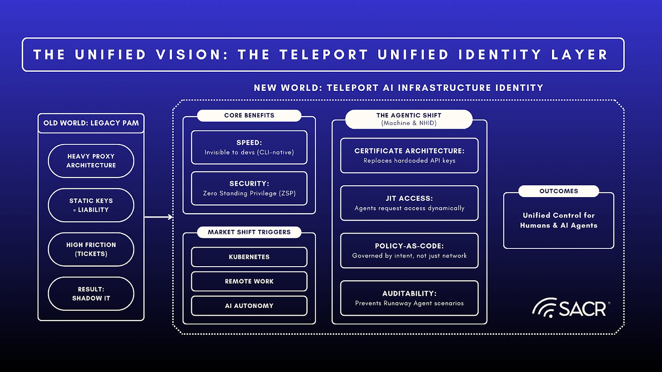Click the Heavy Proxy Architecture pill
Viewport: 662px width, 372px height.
[91, 161]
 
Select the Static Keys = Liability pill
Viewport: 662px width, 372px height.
[91, 205]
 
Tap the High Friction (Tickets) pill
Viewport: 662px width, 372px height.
[91, 249]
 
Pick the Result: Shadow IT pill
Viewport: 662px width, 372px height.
[91, 293]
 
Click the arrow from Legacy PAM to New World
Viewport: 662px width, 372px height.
[158, 217]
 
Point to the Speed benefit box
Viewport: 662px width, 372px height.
[249, 147]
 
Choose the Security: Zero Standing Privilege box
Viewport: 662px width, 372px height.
[249, 188]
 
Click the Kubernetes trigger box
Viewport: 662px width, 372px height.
[249, 257]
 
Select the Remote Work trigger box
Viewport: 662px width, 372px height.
[249, 281]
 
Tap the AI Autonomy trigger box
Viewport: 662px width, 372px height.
[249, 306]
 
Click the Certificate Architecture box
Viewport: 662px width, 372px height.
[409, 155]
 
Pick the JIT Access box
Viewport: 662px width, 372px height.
[409, 203]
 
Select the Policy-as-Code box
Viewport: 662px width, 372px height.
[409, 251]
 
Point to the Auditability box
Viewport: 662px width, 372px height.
[409, 298]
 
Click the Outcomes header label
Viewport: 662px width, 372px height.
[558, 191]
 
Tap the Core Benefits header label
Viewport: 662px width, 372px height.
[249, 115]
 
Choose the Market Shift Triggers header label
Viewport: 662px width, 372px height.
[249, 232]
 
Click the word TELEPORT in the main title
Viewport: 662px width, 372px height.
[323, 55]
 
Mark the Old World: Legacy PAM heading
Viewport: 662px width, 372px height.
[91, 123]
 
